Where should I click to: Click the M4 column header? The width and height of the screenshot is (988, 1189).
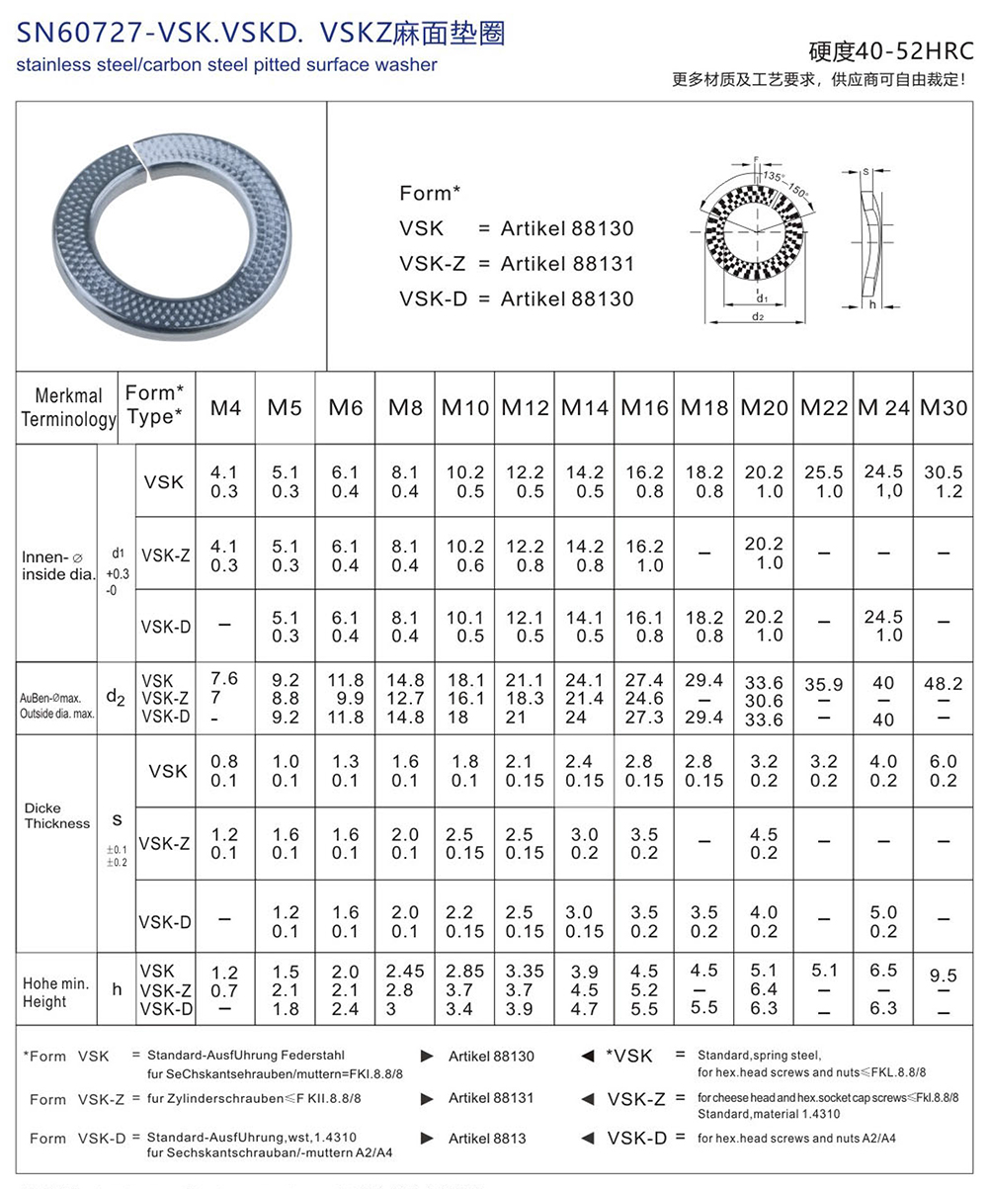(225, 406)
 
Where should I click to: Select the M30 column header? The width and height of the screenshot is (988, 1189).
(943, 406)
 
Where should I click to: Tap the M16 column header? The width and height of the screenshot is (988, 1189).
(644, 406)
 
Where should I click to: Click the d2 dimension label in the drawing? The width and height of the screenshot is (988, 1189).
(758, 316)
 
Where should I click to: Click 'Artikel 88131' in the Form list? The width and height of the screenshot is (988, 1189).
(567, 264)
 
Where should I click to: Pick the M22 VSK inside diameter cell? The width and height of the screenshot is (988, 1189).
(824, 481)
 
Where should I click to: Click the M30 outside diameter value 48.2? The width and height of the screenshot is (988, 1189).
(943, 681)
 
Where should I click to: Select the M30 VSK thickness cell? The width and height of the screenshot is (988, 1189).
(943, 771)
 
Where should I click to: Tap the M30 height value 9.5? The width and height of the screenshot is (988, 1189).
(943, 976)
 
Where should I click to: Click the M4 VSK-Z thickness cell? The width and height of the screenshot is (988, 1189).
(225, 843)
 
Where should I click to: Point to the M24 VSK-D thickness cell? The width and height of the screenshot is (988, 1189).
(883, 921)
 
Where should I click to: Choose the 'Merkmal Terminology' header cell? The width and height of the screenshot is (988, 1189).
(67, 406)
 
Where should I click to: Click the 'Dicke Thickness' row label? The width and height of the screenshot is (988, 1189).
(56, 815)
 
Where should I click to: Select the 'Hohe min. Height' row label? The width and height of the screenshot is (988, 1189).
(56, 992)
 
